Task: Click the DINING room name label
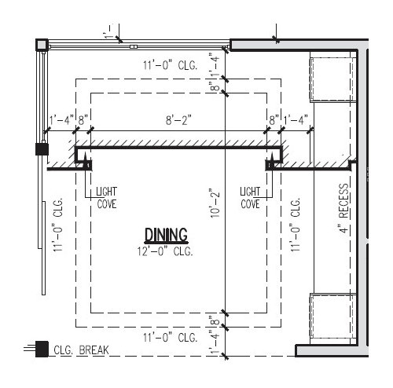pyautogui.click(x=165, y=234)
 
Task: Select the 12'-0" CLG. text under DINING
pyautogui.click(x=165, y=251)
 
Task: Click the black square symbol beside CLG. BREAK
pyautogui.click(x=42, y=350)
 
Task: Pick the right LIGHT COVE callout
pyautogui.click(x=250, y=197)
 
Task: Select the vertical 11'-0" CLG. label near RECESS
pyautogui.click(x=296, y=223)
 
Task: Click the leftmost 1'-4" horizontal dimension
pyautogui.click(x=61, y=121)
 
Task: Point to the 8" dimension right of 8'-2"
pyautogui.click(x=274, y=121)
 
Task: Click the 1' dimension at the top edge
pyautogui.click(x=109, y=35)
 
